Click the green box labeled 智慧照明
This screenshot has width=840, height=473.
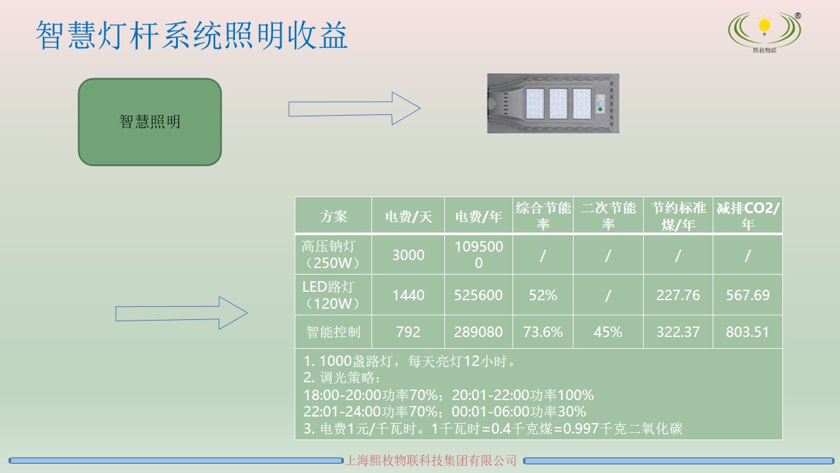[150, 122]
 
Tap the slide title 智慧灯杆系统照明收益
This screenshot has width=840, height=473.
[191, 36]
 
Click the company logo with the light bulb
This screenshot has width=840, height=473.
[764, 32]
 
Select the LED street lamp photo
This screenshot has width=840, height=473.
[553, 103]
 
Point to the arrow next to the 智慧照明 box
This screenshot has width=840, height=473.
[354, 108]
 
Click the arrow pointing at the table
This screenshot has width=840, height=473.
[181, 313]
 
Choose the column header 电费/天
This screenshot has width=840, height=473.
[408, 216]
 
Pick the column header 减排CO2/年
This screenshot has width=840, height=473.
[747, 216]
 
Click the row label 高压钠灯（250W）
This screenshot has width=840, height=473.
[333, 255]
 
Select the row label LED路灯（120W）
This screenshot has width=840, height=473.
[333, 295]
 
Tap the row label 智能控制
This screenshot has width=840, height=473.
[333, 332]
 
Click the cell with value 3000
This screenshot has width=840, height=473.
[408, 255]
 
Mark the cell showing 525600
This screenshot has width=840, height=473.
[478, 295]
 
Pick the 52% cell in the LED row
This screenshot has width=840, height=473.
[543, 295]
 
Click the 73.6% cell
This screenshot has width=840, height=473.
[543, 332]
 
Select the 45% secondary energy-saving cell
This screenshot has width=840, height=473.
[608, 332]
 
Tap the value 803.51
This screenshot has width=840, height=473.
[747, 332]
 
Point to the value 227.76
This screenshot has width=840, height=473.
[678, 295]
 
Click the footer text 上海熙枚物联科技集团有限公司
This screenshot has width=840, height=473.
[431, 461]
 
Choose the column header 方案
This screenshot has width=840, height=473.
[333, 216]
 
